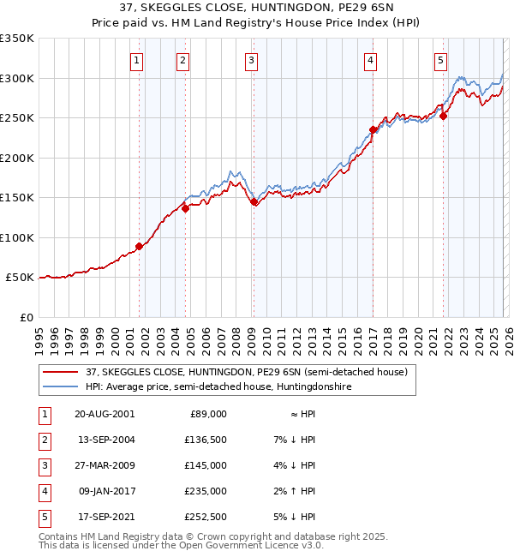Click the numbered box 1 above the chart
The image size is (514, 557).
point(138,60)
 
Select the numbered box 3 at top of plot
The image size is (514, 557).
point(252,60)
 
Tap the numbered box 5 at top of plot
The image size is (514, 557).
point(440,60)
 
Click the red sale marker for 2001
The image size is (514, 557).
point(139,247)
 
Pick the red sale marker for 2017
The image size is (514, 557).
point(373,130)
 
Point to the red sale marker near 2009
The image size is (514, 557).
point(254,202)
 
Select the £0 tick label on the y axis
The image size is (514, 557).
point(26,317)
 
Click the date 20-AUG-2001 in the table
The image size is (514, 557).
point(105,413)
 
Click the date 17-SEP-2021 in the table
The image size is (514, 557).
point(105,516)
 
